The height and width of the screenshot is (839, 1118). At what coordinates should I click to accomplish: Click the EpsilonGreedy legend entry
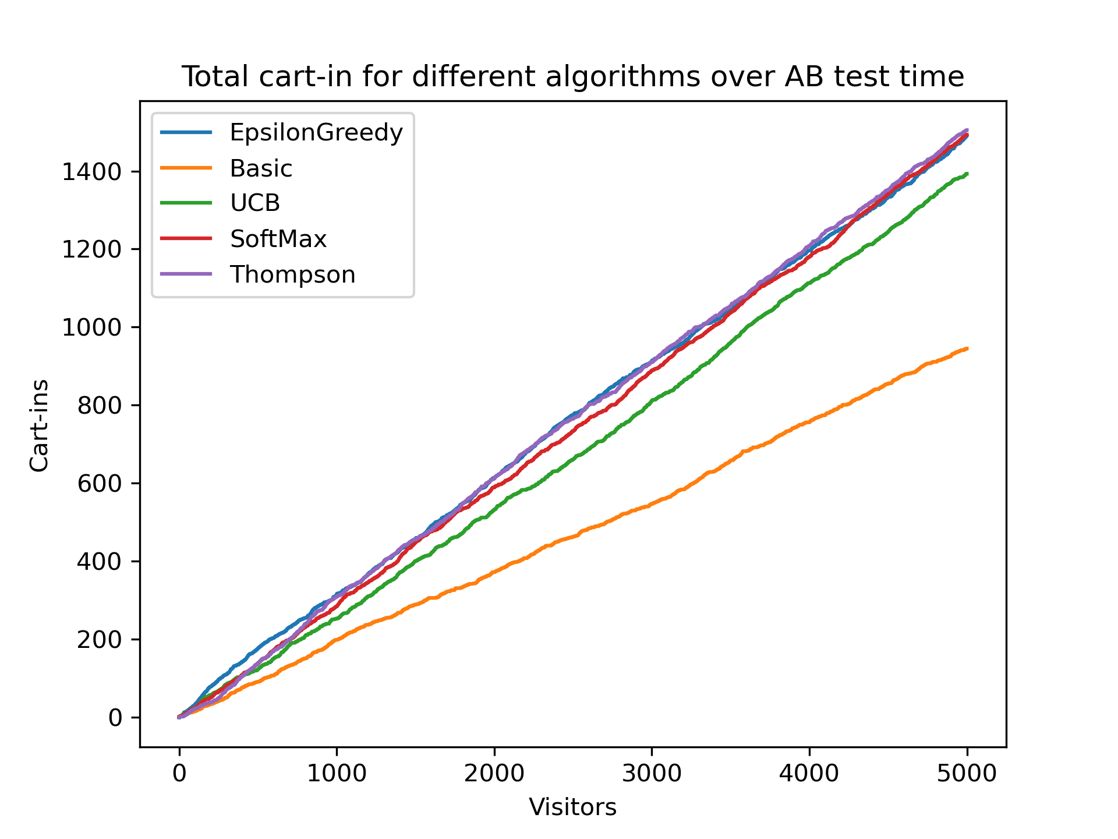coord(316,133)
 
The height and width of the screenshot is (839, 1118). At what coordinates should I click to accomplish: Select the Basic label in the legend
coord(261,168)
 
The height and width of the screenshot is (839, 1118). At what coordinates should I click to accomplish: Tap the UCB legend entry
coord(255,203)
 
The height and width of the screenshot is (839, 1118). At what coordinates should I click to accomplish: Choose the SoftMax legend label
coord(278,239)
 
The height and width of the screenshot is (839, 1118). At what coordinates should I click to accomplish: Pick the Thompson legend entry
coord(292,274)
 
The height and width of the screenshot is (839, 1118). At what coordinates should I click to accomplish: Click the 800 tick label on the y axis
coord(99,406)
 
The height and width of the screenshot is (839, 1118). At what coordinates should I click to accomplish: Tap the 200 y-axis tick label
coord(99,640)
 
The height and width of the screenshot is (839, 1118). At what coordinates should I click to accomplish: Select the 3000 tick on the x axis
coord(652,773)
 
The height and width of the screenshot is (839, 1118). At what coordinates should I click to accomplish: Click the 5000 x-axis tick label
coord(967,773)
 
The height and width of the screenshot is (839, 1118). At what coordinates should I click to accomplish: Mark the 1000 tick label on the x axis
coord(337,773)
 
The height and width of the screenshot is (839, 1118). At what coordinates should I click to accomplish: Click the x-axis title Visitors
coord(572,808)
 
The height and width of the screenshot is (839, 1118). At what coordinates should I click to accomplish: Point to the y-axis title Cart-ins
coord(40,425)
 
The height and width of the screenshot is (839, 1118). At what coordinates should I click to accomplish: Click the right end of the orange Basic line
coord(967,348)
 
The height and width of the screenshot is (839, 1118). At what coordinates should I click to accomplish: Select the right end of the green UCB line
coord(967,174)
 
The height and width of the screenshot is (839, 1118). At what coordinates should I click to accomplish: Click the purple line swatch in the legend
coord(186,274)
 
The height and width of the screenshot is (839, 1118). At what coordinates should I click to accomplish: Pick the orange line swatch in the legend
coord(186,168)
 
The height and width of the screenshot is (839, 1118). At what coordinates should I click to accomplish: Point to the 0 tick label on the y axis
coord(115,718)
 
